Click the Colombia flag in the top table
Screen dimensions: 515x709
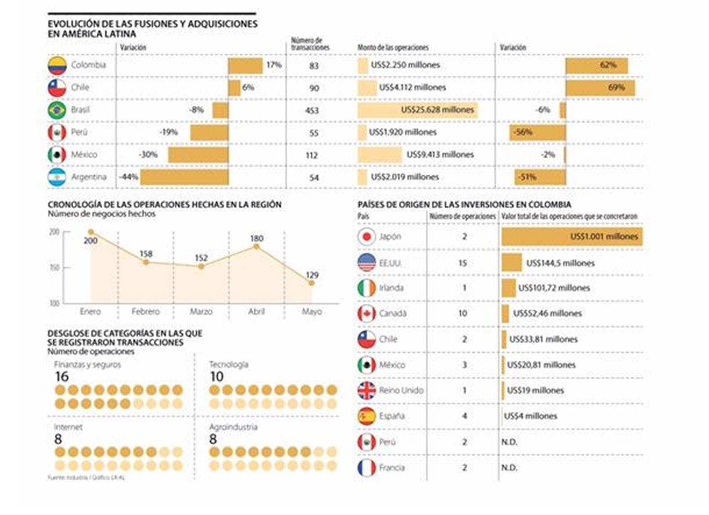[57, 66]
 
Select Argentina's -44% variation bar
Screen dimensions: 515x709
[184, 177]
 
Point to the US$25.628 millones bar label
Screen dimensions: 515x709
[437, 110]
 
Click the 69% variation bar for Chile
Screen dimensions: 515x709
[600, 88]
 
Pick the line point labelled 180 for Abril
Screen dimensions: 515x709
[256, 246]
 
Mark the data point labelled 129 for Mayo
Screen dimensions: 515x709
[311, 283]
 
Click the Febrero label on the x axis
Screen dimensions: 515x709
[145, 311]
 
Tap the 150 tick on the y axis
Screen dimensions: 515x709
[54, 268]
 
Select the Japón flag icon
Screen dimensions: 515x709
[366, 237]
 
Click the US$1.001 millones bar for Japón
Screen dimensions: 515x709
[572, 237]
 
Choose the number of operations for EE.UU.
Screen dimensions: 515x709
[463, 263]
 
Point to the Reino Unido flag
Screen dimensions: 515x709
[366, 391]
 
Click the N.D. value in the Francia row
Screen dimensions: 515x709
[509, 468]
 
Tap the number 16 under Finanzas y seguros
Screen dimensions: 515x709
[62, 377]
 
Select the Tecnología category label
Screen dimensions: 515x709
[229, 364]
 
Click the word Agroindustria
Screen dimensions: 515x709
[233, 427]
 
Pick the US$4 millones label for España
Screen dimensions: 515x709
[530, 416]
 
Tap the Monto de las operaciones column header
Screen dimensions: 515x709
[393, 48]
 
